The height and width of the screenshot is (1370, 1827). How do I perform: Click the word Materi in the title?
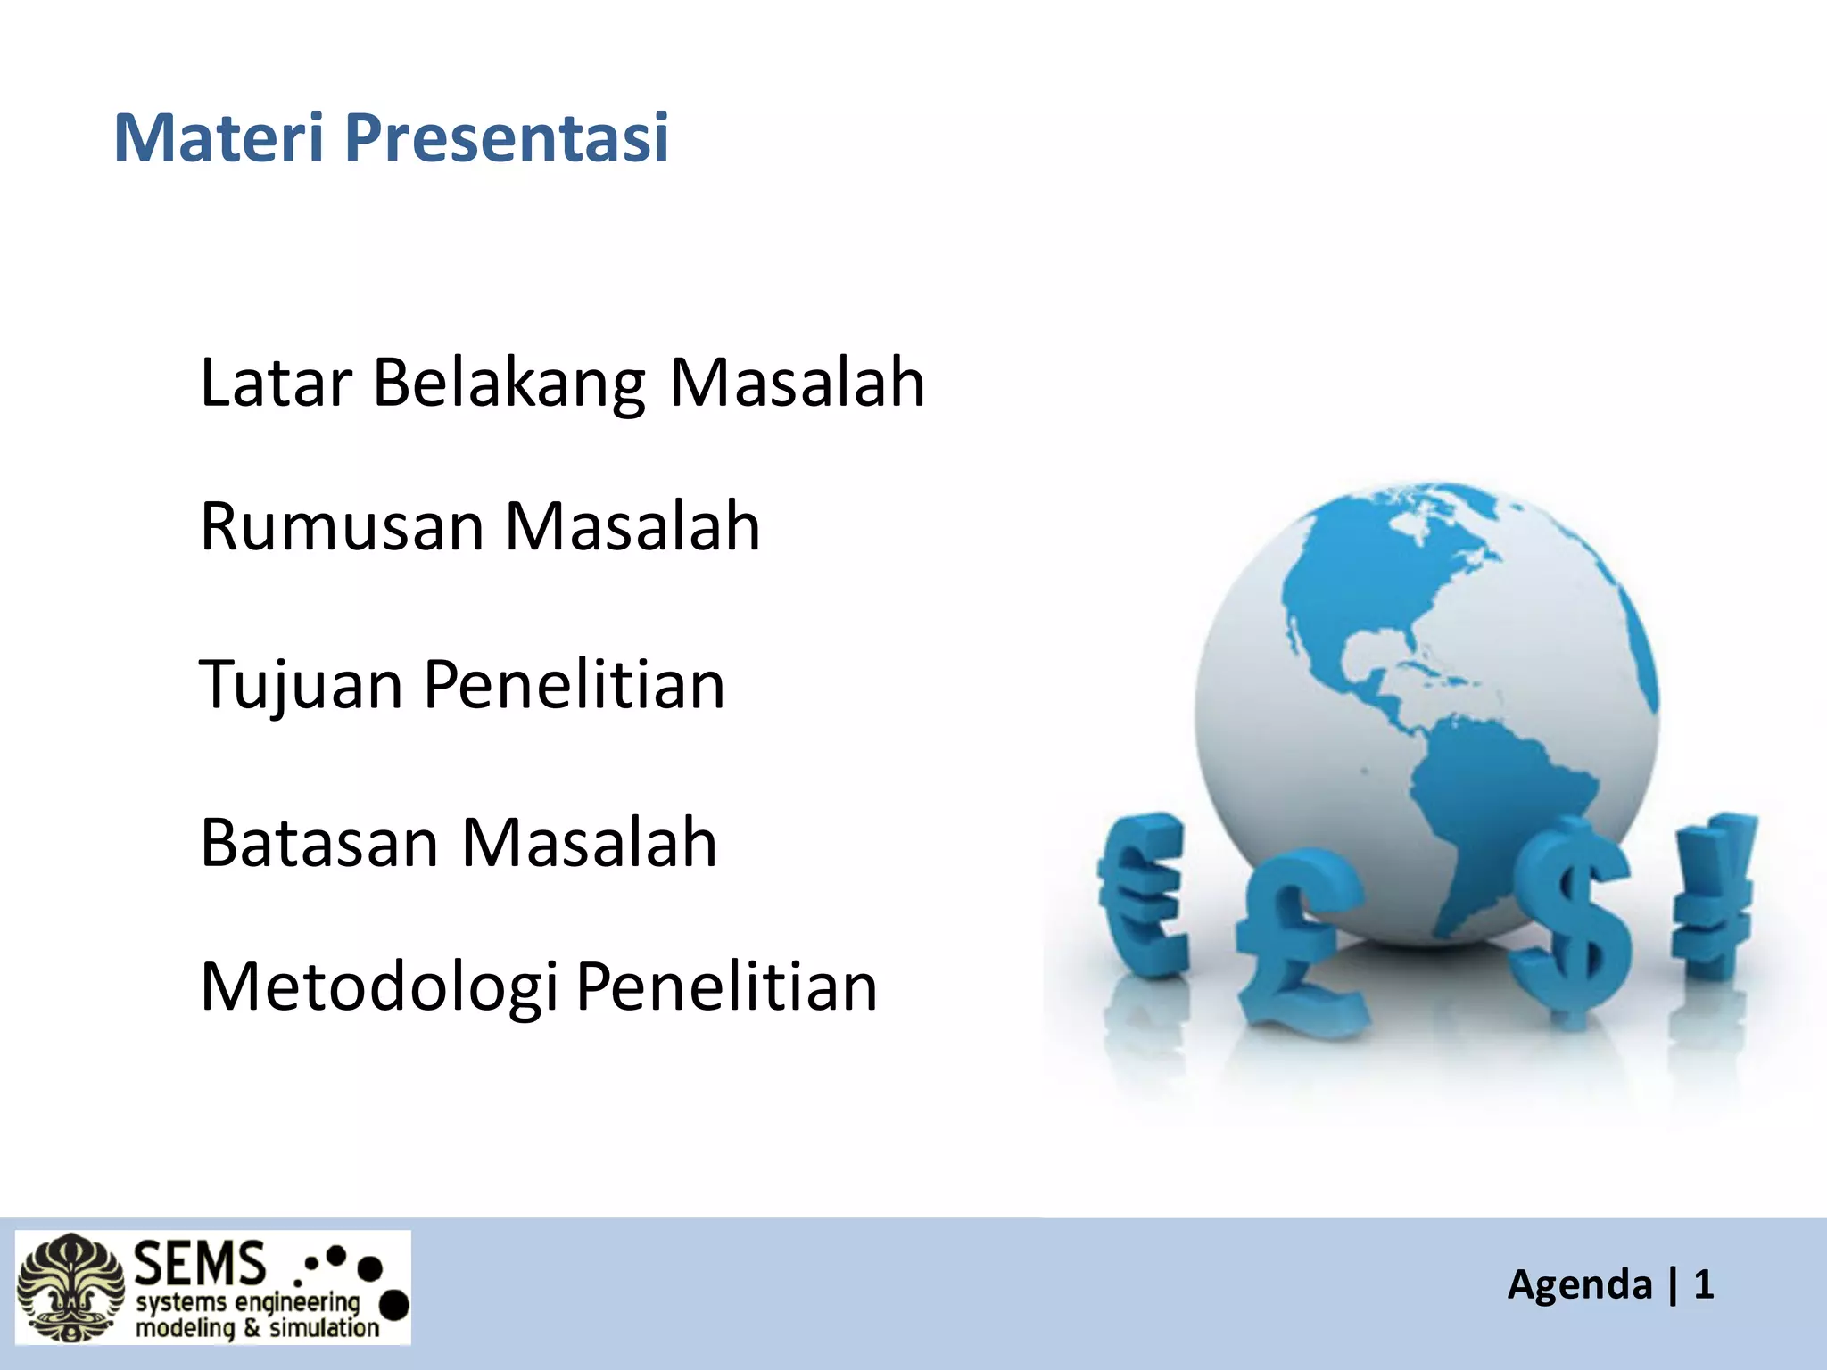[x=219, y=138]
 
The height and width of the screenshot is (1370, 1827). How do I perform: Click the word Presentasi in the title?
[x=506, y=138]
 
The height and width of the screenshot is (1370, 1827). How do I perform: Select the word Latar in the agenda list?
[x=276, y=384]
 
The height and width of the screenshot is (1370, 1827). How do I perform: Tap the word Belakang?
[x=508, y=384]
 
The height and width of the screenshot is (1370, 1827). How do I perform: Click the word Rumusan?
[x=342, y=526]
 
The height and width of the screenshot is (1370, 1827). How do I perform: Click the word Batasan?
[x=318, y=843]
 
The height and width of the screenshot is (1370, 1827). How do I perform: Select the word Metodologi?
[x=379, y=988]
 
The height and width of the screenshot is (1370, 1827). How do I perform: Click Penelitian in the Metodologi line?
[x=726, y=986]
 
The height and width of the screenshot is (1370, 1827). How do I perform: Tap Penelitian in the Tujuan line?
[x=574, y=685]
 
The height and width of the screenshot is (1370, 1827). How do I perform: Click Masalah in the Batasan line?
[x=589, y=843]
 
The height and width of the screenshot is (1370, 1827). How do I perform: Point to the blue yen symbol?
[x=1713, y=892]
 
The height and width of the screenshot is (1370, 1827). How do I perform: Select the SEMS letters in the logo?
[x=200, y=1263]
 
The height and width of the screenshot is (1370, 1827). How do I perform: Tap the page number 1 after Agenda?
[x=1703, y=1285]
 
